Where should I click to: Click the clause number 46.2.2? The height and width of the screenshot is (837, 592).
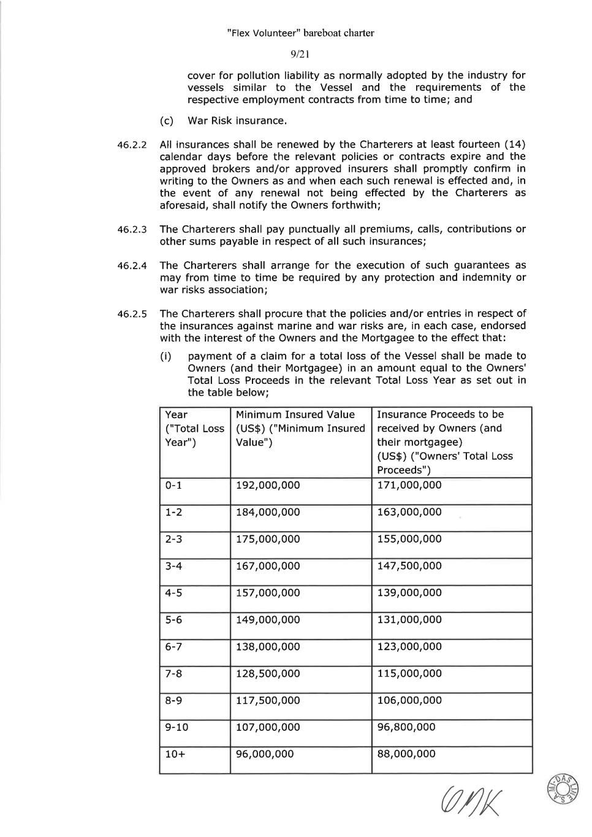132,145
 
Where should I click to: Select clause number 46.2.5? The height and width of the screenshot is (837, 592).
132,315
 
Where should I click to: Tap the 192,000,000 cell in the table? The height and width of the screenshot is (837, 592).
268,485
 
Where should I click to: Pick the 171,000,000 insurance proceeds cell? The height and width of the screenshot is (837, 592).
409,485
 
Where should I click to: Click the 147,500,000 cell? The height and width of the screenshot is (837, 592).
409,566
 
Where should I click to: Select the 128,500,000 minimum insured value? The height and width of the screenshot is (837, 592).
268,673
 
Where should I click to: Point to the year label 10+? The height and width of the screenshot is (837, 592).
175,754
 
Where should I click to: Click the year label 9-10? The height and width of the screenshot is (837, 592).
176,727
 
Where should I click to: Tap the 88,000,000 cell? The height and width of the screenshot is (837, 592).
406,754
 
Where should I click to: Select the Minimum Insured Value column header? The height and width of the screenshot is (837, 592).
300,428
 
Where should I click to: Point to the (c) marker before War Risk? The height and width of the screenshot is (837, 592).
166,121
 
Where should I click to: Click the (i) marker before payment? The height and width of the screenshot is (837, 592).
165,356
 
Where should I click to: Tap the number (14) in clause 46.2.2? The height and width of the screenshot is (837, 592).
514,145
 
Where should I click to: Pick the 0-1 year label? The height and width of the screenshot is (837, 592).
173,485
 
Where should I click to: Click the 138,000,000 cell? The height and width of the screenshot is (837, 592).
268,646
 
